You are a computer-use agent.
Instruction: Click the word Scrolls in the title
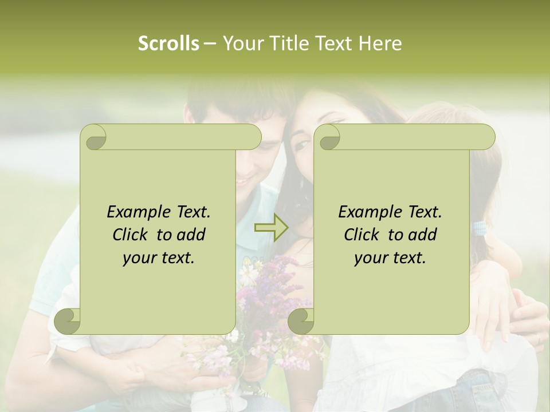[x=169, y=43]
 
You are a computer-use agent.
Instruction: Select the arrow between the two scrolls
[x=271, y=228]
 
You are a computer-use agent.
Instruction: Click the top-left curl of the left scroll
[x=93, y=137]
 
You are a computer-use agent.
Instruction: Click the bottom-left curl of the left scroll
[x=68, y=321]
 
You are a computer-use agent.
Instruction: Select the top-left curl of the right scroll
[x=327, y=137]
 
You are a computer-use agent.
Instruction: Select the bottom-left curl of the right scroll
[x=301, y=321]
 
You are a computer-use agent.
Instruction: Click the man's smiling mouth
[x=243, y=181]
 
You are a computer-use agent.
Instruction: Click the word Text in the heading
[x=334, y=43]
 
